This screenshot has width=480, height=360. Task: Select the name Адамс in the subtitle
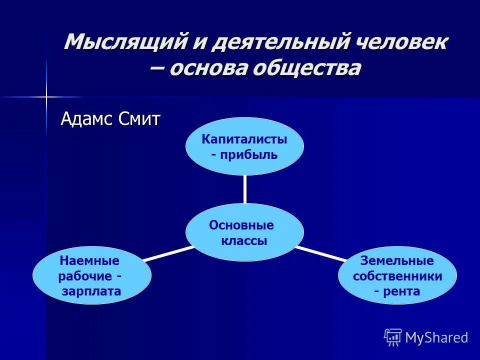tap(88, 119)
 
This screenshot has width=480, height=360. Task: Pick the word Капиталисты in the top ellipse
tap(244, 139)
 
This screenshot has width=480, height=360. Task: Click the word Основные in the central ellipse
tap(241, 225)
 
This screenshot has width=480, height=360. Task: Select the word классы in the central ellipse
tap(244, 240)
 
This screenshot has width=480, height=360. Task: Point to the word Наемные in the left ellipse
tap(89, 260)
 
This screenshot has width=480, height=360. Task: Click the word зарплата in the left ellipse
tap(91, 291)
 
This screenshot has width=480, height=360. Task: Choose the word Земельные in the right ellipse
tap(397, 260)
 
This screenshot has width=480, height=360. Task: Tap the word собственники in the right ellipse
tap(397, 276)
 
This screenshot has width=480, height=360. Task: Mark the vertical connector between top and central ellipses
tap(244, 189)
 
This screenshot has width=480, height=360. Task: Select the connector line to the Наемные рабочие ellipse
tap(168, 253)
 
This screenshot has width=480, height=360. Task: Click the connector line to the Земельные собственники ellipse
tap(320, 253)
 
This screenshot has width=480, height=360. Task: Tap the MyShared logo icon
tap(393, 337)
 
